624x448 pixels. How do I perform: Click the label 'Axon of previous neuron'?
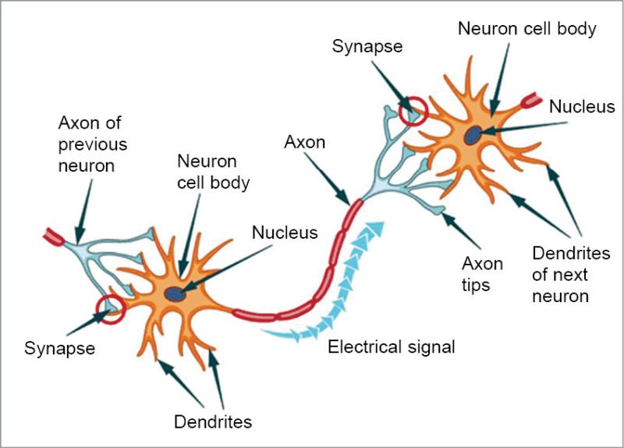(92, 144)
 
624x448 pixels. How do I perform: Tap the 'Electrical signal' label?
(391, 347)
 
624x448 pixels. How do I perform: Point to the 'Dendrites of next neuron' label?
(570, 274)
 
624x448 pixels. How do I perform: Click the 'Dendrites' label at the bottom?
(213, 423)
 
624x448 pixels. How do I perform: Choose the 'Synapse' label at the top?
(367, 46)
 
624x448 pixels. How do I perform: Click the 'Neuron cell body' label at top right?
(526, 30)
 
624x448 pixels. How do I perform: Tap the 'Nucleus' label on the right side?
(581, 106)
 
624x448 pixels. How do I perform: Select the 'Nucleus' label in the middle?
(285, 232)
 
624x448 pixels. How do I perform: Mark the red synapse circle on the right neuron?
(413, 111)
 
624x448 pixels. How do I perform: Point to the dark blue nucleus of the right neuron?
(472, 136)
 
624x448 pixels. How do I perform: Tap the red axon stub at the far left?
(55, 236)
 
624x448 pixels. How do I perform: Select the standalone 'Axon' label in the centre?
(305, 143)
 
